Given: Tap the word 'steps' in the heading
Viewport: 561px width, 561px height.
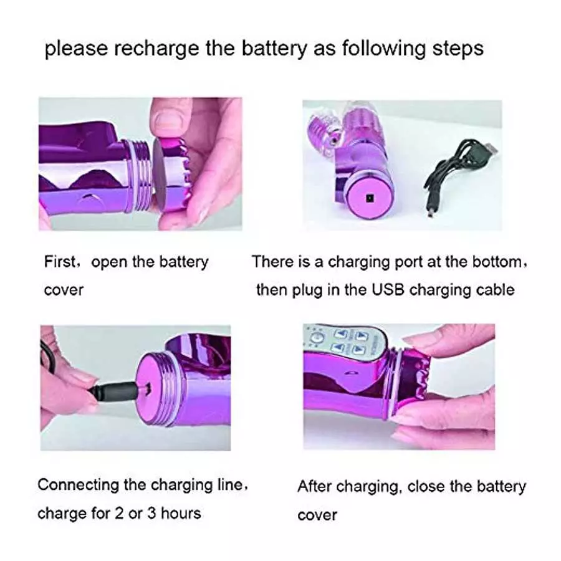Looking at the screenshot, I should [454, 49].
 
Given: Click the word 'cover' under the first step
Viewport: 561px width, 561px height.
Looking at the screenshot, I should [63, 290].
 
